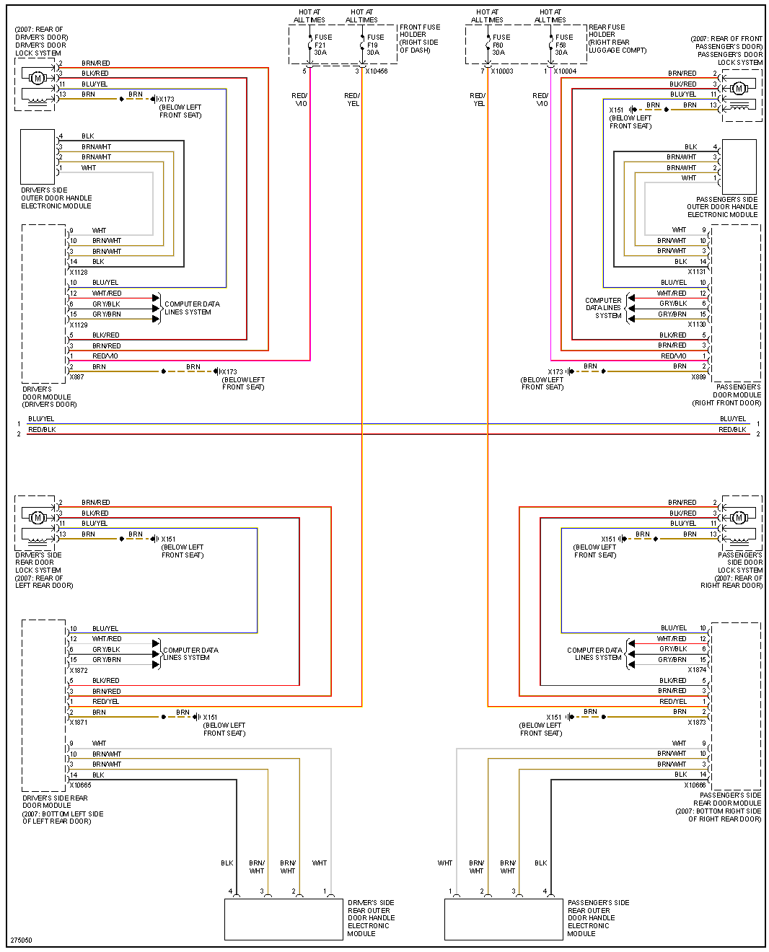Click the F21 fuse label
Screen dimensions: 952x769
320,45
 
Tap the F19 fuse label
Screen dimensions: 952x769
373,45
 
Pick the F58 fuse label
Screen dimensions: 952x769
561,45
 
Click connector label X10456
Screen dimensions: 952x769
377,71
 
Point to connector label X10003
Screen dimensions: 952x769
502,71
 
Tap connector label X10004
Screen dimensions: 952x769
565,71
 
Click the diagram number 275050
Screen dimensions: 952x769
21,940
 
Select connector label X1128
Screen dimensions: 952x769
79,273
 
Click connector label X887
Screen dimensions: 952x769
76,377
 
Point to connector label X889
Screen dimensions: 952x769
698,377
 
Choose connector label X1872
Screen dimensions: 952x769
79,671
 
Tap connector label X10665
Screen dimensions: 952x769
81,785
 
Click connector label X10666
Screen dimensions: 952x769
695,785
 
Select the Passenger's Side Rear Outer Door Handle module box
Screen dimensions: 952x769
504,919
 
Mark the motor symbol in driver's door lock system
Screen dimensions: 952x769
38,77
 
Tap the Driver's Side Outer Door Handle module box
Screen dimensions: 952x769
38,157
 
